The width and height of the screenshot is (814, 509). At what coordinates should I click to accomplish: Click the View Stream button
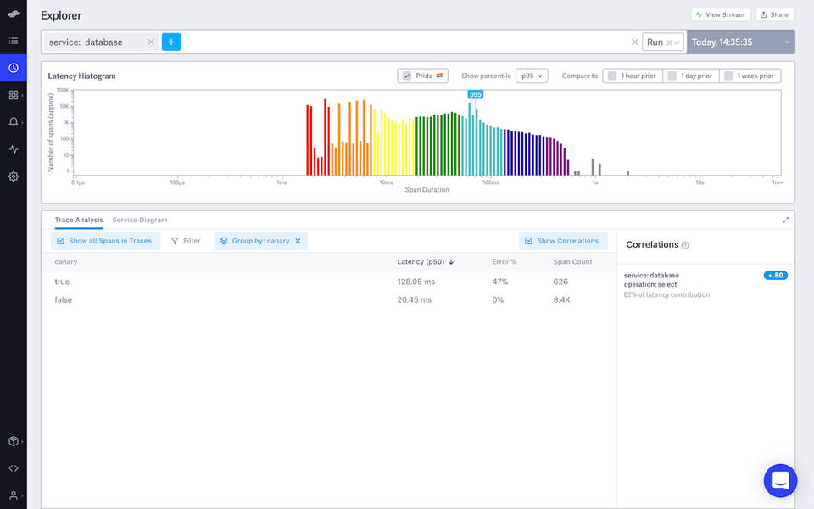click(720, 14)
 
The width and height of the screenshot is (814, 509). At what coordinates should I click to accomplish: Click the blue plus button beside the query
click(171, 42)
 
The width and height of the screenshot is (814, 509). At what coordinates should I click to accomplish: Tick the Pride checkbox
click(407, 76)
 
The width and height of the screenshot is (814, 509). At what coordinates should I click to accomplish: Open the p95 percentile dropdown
click(532, 76)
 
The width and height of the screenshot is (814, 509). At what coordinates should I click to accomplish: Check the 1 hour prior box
click(612, 76)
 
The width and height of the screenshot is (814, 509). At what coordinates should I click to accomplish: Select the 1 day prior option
click(672, 76)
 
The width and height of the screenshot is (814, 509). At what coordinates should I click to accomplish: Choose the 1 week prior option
click(729, 76)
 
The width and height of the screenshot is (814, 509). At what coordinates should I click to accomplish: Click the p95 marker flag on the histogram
click(476, 94)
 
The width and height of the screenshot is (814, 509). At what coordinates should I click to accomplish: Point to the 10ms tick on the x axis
click(386, 182)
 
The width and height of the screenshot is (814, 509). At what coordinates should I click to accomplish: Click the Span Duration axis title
click(427, 190)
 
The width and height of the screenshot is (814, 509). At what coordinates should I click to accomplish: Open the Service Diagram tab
click(140, 220)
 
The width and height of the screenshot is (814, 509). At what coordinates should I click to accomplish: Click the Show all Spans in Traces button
click(104, 241)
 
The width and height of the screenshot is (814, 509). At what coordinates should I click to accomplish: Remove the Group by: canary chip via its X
click(298, 241)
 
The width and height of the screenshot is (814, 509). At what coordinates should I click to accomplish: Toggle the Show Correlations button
click(563, 241)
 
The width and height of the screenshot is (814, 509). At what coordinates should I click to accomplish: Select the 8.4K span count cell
click(561, 299)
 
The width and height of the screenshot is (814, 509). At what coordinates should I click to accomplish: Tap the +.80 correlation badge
click(775, 275)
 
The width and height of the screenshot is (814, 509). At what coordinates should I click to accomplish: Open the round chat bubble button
click(780, 481)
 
